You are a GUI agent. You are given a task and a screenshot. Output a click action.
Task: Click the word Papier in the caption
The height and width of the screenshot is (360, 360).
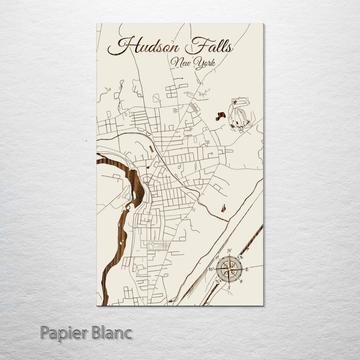(62, 333)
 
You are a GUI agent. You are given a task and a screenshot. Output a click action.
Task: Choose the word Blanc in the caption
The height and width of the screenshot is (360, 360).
(110, 333)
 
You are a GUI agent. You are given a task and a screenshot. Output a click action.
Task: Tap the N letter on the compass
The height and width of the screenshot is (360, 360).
(229, 251)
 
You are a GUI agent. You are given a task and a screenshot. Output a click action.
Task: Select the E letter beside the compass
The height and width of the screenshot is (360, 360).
(247, 269)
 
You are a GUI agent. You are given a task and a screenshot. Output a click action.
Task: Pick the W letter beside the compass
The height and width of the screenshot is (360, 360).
(211, 269)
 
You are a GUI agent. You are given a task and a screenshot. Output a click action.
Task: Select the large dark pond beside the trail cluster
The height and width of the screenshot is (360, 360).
(220, 116)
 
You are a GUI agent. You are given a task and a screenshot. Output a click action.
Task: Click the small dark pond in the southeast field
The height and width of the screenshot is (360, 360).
(223, 208)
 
